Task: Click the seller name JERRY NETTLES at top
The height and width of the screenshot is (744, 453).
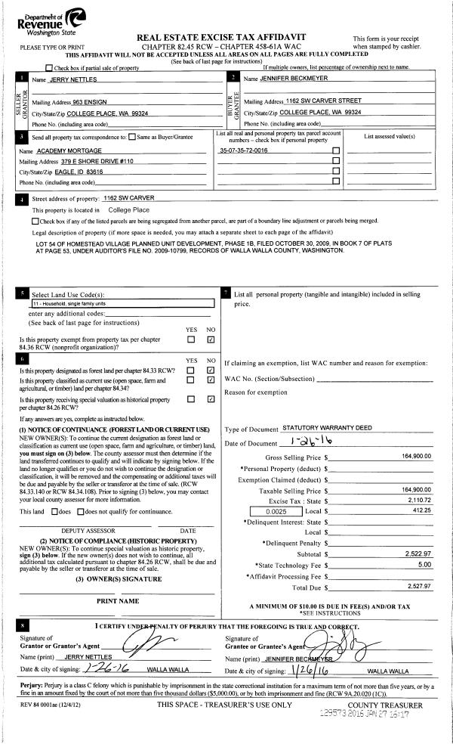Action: [73, 79]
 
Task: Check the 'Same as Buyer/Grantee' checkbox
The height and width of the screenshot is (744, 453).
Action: [132, 138]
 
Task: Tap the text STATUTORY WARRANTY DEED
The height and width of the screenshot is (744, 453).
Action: [321, 428]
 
